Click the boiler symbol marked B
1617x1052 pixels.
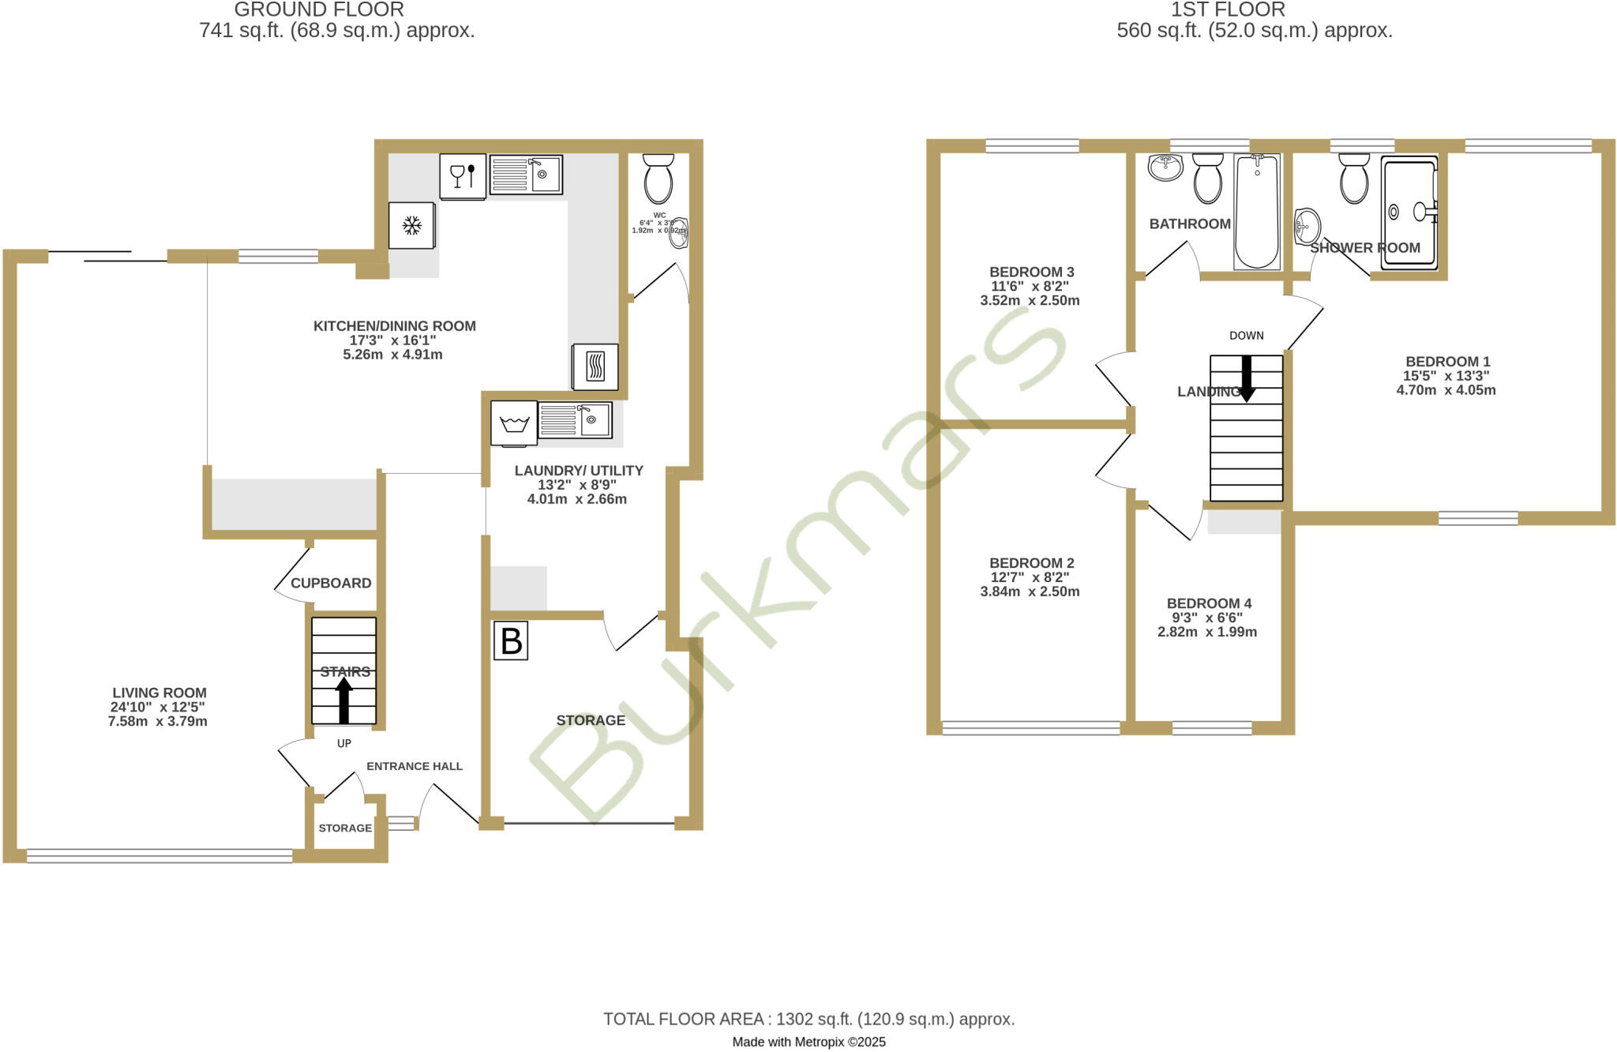coord(511,641)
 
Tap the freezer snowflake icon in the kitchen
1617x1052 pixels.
coord(411,226)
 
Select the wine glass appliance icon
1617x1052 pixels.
coord(462,175)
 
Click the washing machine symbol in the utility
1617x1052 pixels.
coord(514,423)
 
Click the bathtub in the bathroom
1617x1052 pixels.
coord(1256,212)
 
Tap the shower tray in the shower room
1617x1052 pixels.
coord(1409,212)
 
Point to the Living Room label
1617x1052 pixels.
coord(159,693)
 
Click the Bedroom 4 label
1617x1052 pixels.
coord(1209,603)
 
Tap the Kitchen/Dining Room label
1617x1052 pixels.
coord(394,326)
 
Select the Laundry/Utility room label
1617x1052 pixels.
coord(579,471)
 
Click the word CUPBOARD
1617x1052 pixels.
coord(331,584)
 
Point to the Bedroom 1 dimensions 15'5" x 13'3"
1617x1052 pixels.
coord(1446,376)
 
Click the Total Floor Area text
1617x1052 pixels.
coord(808,1019)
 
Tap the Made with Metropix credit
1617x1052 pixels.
coord(808,1042)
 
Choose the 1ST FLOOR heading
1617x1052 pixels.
coord(1227,9)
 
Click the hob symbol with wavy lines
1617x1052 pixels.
coord(595,366)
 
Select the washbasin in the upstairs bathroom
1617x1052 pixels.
coord(1165,167)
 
